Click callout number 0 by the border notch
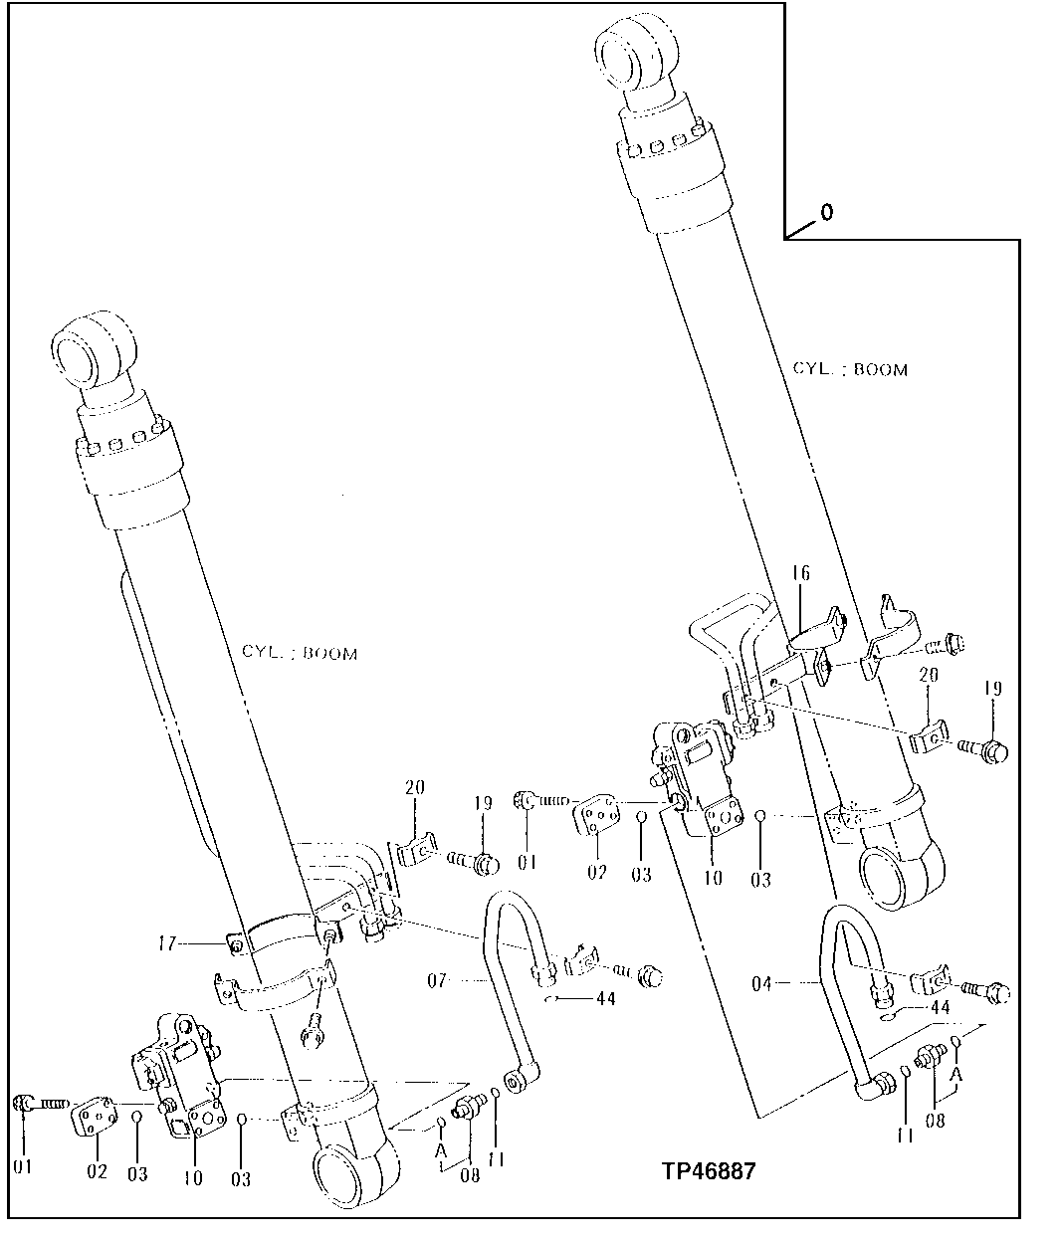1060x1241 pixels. click(827, 212)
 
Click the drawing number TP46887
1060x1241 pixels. click(709, 1170)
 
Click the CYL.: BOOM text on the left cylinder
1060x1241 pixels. click(299, 653)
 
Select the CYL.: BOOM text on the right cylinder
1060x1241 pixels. click(850, 369)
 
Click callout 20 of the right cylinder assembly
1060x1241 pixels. click(929, 674)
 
